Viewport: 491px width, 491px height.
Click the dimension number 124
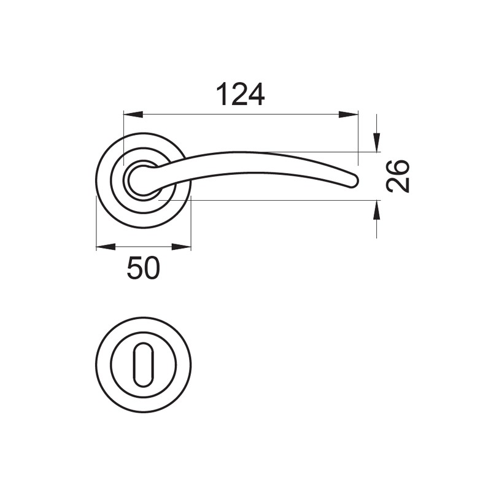[241, 95]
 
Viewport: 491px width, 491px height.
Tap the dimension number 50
[144, 268]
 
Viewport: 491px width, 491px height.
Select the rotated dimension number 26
[397, 176]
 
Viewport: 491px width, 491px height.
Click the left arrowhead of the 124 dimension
[133, 115]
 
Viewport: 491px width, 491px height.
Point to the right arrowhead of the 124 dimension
[348, 115]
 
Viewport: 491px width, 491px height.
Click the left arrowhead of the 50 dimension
[106, 247]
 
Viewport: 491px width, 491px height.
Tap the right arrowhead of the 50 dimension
[181, 247]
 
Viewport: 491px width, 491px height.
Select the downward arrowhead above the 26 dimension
[376, 142]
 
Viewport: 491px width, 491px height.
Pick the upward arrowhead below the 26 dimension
[376, 209]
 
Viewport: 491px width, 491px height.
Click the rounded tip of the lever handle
[354, 181]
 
